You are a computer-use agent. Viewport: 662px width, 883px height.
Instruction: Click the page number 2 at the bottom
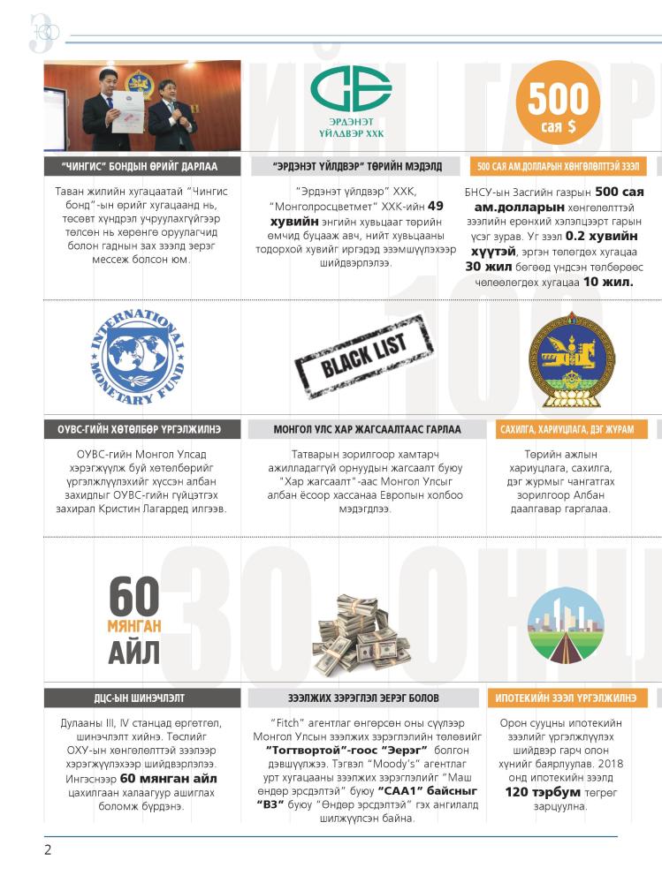pyautogui.click(x=49, y=850)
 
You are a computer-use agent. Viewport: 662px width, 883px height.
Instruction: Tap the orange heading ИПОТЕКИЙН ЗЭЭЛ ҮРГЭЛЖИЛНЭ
pyautogui.click(x=565, y=698)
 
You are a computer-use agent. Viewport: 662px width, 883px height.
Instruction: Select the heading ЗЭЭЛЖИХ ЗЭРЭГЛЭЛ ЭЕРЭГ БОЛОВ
pyautogui.click(x=363, y=698)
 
